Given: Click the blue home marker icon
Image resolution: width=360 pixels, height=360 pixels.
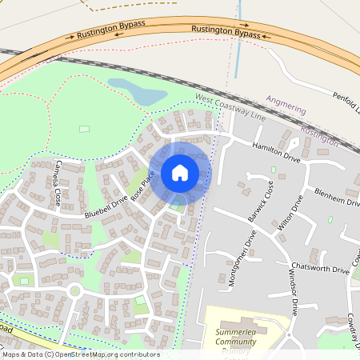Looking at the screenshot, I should [x=180, y=173].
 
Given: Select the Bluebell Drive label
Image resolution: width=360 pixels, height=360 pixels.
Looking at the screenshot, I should [x=106, y=205].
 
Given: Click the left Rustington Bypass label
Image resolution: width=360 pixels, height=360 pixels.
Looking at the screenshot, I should [x=111, y=30].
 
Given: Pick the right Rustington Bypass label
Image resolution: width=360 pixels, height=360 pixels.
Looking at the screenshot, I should [x=226, y=32].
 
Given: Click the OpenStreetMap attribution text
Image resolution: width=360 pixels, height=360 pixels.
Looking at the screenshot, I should [x=80, y=354].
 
